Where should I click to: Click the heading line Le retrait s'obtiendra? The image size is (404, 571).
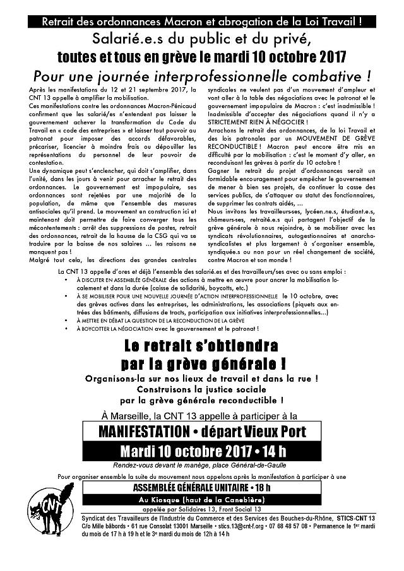[x=202, y=347]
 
